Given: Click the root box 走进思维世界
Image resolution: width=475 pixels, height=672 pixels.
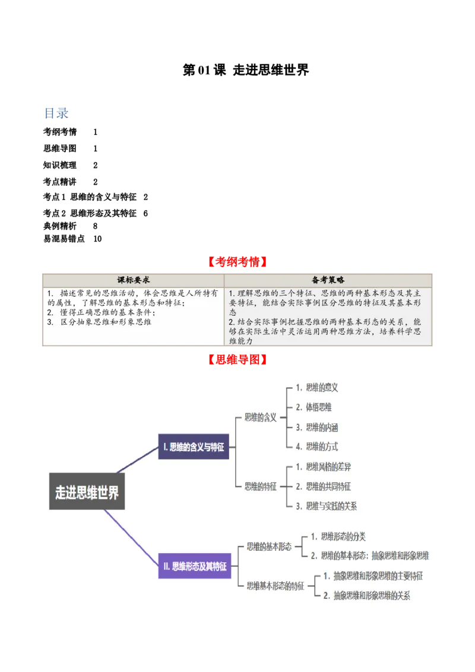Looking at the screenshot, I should [87, 491].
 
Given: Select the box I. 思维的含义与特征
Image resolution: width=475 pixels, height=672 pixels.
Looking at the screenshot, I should [194, 447].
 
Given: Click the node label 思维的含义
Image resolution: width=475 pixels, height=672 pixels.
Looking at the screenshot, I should [261, 417].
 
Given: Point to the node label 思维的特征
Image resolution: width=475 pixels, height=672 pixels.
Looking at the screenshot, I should [261, 486].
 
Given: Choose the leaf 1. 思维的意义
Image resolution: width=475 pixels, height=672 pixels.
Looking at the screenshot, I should [317, 388].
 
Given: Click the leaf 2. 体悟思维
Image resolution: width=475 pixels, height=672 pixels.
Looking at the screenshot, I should [314, 407].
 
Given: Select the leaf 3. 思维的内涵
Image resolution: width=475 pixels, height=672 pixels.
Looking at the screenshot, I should [317, 427].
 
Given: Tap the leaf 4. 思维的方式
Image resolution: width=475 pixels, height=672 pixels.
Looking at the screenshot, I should [317, 446].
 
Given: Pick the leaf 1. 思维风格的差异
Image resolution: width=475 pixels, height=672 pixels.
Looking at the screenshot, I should [324, 467].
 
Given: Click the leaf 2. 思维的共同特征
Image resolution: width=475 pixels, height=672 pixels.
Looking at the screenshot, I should [324, 487].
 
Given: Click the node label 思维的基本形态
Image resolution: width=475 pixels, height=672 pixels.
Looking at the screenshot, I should [269, 547].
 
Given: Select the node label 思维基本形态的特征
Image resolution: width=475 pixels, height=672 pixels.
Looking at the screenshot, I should [275, 585].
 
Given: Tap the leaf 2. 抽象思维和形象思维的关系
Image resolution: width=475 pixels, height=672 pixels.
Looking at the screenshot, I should [367, 595].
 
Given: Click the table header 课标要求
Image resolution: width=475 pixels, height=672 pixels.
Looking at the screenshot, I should [131, 280].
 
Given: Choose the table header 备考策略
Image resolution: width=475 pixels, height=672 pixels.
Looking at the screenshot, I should [328, 280].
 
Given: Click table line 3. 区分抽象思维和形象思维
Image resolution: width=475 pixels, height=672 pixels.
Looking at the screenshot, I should [100, 322].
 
